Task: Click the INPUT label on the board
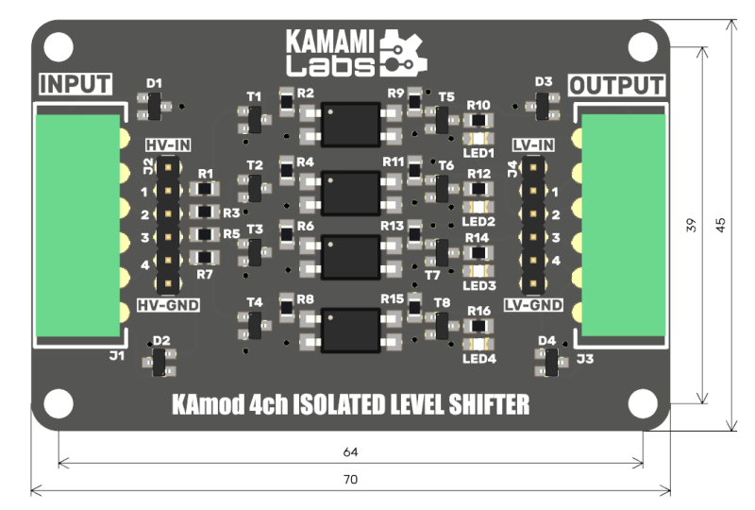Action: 75,84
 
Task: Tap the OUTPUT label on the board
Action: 617,86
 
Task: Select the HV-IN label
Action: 168,145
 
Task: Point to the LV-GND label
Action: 533,305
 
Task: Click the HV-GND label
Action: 168,305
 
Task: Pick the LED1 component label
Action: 478,153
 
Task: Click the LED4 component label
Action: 479,359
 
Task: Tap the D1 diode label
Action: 154,83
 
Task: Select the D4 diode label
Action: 547,341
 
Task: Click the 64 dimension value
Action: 350,451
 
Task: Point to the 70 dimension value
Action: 350,479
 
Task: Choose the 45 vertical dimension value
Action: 720,225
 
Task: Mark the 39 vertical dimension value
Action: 692,225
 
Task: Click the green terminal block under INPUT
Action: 78,225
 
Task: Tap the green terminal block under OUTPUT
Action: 624,225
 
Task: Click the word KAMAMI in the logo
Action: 329,42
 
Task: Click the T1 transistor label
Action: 254,97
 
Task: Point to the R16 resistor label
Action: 478,311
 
